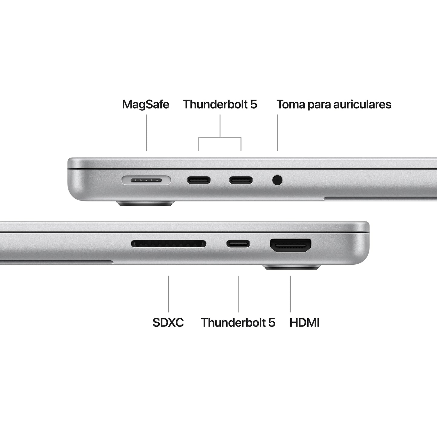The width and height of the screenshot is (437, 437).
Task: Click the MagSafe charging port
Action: (x=146, y=181)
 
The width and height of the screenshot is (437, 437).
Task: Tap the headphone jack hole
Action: (x=277, y=180)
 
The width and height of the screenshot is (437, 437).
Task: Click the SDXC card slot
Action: (x=168, y=243)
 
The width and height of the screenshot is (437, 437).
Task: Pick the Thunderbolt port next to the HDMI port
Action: (x=238, y=243)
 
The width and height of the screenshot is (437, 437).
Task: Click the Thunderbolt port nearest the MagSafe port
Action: (x=199, y=181)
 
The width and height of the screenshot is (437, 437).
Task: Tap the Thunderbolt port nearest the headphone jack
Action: (x=241, y=181)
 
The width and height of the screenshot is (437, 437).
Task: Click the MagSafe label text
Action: (x=145, y=104)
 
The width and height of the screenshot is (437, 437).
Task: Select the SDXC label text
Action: (x=168, y=322)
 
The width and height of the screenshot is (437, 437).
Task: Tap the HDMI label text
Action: (x=304, y=322)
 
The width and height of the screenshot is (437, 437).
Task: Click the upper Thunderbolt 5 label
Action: (x=220, y=104)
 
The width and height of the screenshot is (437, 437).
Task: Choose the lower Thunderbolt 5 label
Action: (x=238, y=322)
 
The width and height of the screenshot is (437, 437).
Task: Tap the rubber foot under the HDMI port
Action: (x=292, y=267)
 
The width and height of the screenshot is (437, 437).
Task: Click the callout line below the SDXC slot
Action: (x=168, y=293)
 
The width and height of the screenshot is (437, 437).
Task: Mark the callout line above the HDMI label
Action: (x=291, y=293)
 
